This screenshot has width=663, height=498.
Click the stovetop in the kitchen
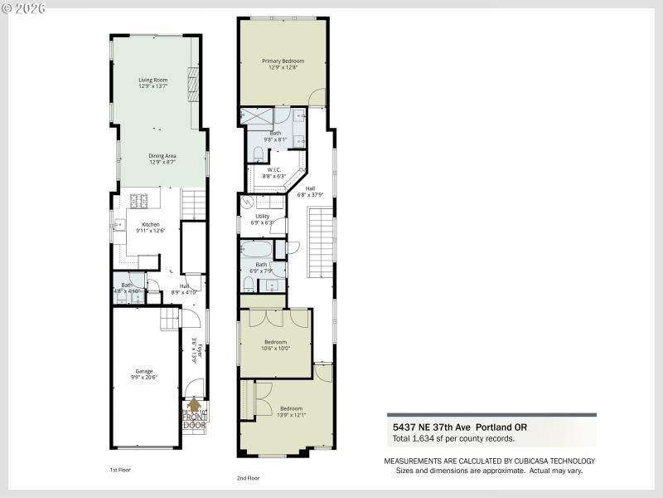[138, 201]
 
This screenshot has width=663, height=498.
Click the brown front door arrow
[195, 405]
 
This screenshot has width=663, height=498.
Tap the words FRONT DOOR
[194, 421]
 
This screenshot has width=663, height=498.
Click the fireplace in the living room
[193, 84]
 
